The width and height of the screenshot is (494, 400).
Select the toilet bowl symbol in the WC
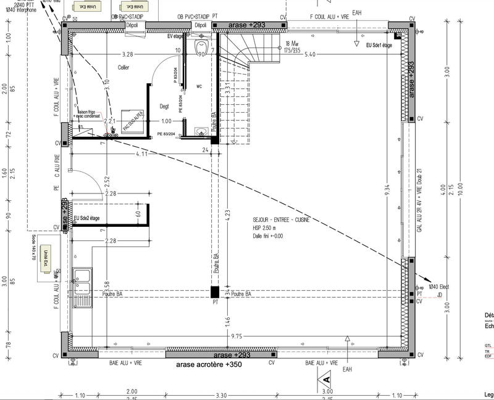[x=200, y=49]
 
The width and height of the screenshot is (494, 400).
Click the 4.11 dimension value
[x=141, y=154]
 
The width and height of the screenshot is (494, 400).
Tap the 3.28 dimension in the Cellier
[x=128, y=54]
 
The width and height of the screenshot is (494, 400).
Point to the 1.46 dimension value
[x=227, y=320]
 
